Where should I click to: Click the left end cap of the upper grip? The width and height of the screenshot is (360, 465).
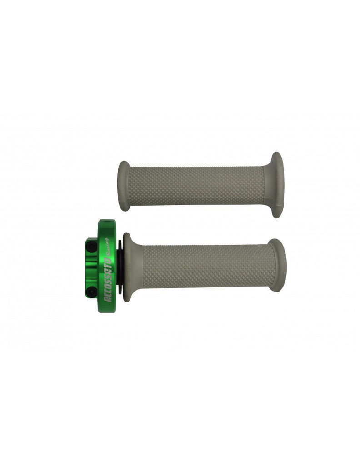tap(123, 186)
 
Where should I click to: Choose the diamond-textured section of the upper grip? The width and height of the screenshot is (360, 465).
tap(195, 185)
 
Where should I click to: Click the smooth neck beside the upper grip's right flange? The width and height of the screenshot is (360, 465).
tap(267, 185)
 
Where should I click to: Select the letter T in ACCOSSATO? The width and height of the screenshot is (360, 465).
tap(109, 266)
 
